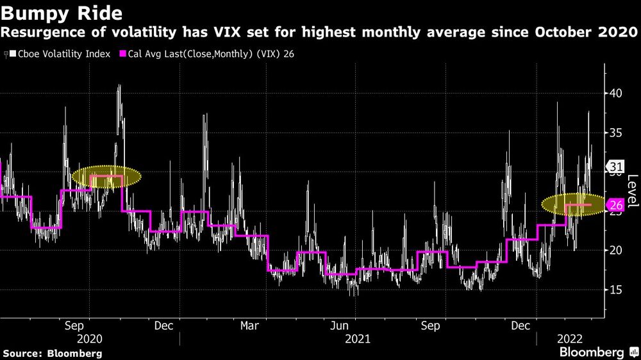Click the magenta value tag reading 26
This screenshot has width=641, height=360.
coord(615,205)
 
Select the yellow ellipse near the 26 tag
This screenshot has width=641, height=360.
coord(572,205)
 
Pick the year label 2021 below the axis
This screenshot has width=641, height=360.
coord(357,338)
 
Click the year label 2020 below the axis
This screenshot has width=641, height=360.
coord(89,338)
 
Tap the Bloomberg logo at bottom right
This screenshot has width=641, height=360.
coord(592,352)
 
